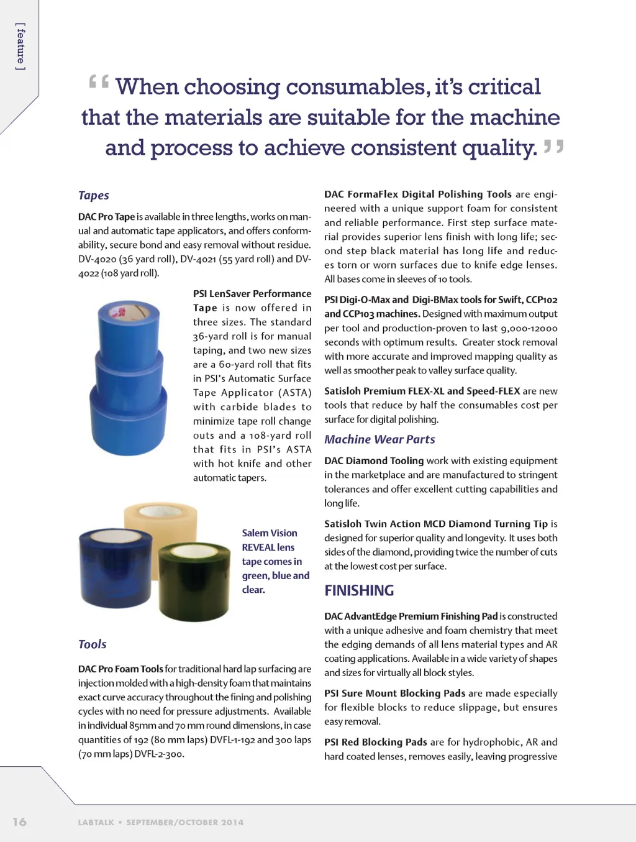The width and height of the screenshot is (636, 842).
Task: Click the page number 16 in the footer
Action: (20, 821)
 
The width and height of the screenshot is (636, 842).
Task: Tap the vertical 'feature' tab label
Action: (21, 47)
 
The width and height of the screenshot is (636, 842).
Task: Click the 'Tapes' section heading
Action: (94, 195)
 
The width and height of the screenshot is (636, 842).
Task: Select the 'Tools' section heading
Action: (93, 644)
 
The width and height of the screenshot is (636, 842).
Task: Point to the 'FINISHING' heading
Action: (359, 590)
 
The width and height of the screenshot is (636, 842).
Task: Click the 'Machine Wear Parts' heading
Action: (379, 439)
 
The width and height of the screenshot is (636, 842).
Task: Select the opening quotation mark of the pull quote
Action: (98, 82)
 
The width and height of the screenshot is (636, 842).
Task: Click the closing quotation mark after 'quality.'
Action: (553, 147)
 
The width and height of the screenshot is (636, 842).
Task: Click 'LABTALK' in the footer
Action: (96, 822)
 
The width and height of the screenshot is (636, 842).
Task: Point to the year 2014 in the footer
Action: (232, 822)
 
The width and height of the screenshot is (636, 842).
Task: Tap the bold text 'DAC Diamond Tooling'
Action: (374, 460)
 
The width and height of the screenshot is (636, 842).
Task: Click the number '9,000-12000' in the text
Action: (529, 328)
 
